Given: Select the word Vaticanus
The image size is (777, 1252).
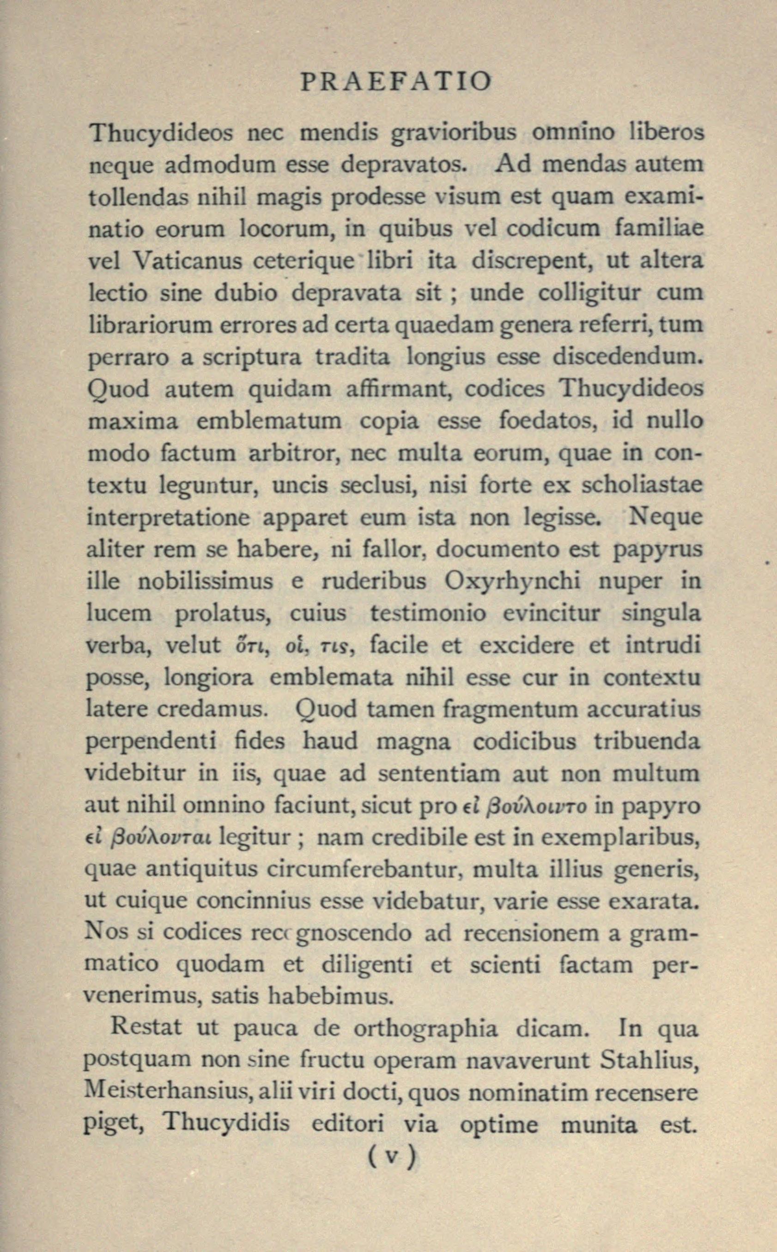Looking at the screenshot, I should click(187, 261).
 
